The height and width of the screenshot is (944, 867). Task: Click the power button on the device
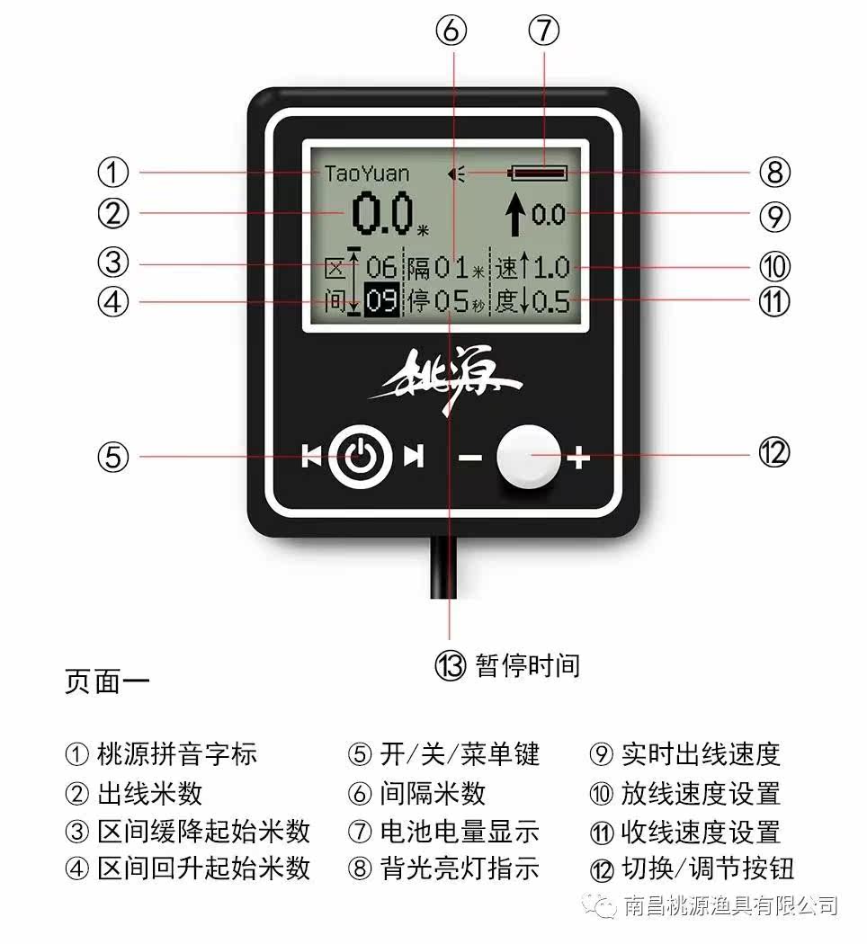[359, 457]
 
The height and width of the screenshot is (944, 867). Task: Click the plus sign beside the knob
[577, 459]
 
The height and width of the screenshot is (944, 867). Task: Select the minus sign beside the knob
[470, 459]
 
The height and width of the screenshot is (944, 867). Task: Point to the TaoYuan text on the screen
[366, 173]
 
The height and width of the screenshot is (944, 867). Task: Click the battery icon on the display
[538, 172]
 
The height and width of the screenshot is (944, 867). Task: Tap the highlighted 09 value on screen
[382, 301]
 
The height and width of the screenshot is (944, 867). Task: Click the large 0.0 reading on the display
[382, 214]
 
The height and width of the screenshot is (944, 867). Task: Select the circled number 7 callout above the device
[542, 31]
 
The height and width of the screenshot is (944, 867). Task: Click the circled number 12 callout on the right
[773, 453]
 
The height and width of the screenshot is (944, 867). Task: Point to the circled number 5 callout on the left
[112, 457]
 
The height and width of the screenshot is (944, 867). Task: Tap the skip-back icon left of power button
[311, 457]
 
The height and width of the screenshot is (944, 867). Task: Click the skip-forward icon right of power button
[413, 457]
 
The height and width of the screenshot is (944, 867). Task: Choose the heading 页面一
[107, 681]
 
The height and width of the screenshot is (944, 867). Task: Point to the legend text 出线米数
[149, 793]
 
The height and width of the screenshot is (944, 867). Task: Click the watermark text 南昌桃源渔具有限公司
[729, 904]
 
